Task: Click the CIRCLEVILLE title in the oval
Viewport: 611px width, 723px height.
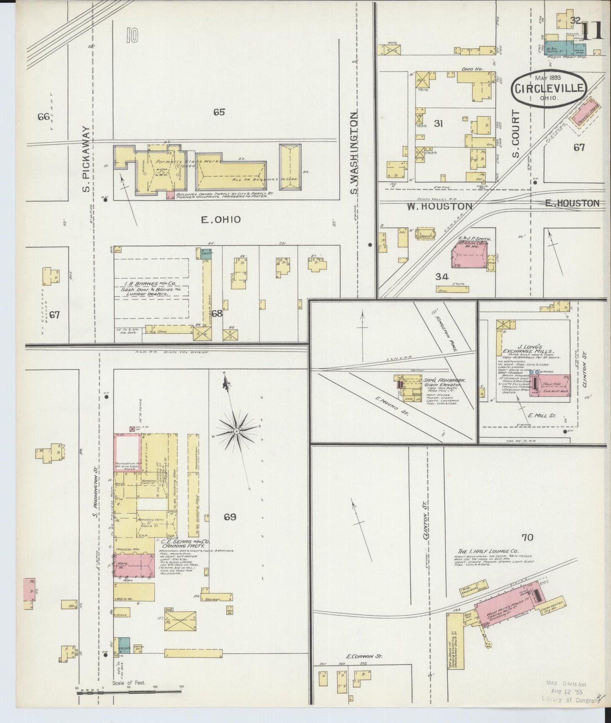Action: pos(549,88)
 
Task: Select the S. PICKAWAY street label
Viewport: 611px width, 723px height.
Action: pos(86,159)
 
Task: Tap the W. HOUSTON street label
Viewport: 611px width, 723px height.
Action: pos(439,206)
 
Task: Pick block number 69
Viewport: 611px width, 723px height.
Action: pos(230,517)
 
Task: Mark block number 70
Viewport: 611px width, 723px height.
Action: pos(527,537)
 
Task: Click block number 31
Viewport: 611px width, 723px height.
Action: pos(438,123)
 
